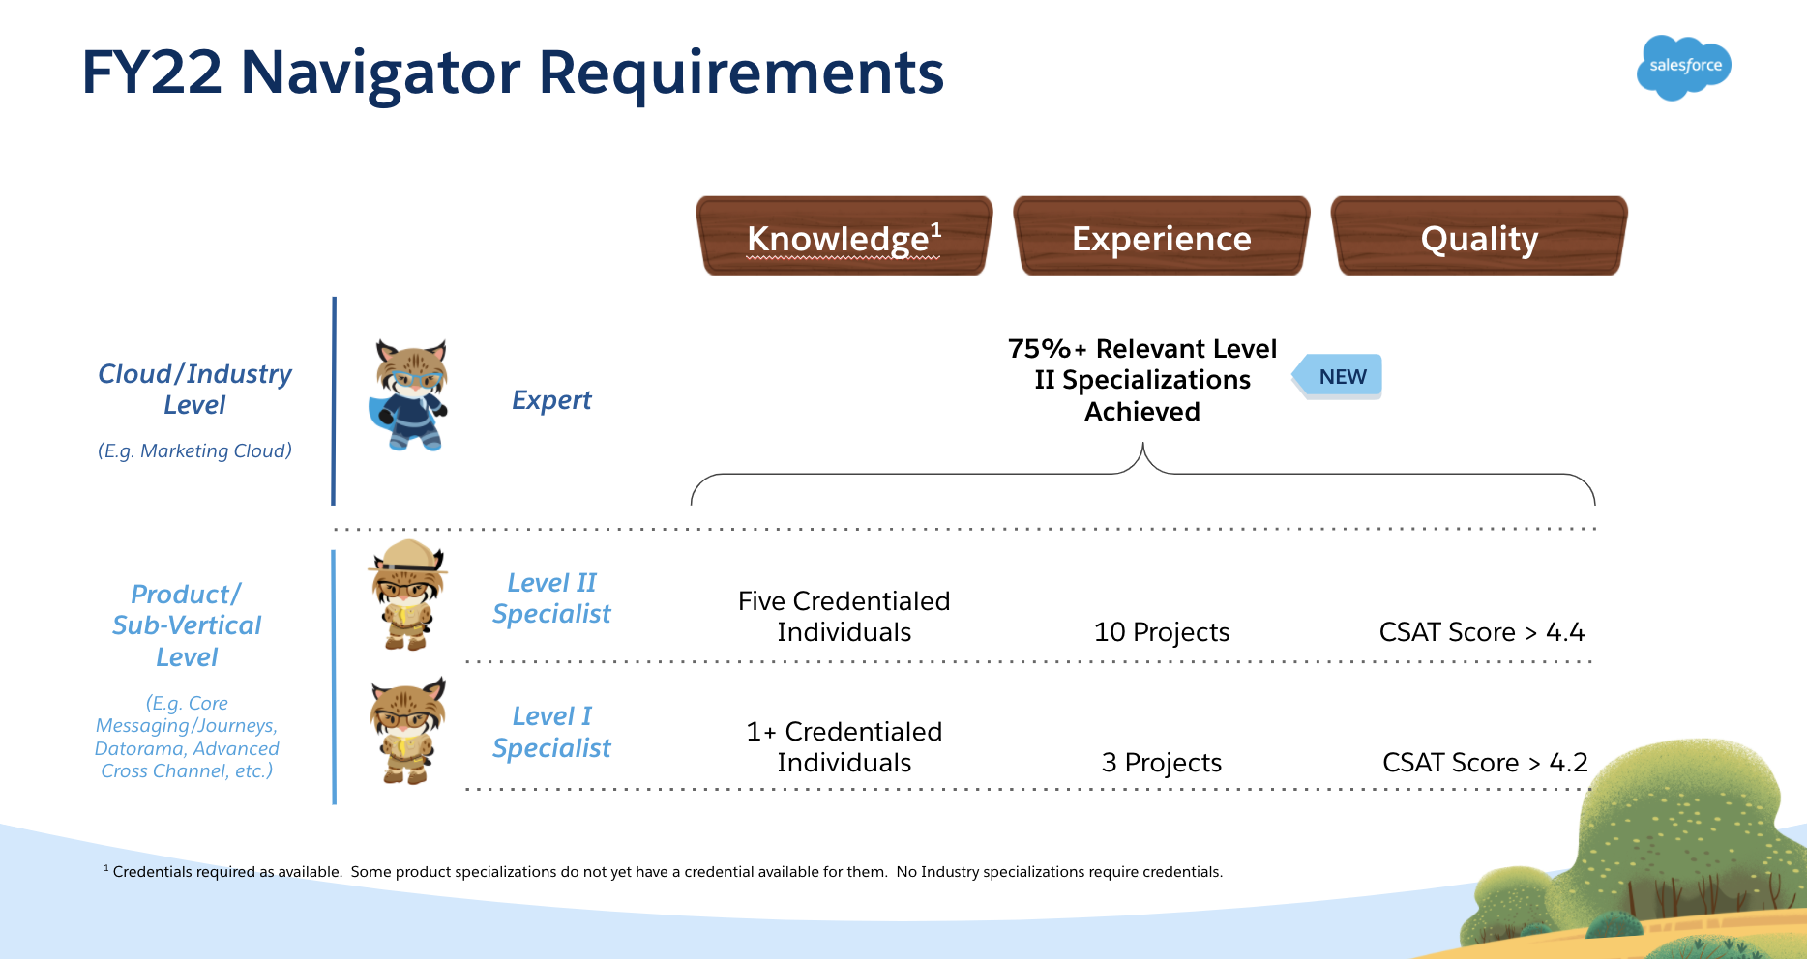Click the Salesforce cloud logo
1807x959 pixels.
point(1684,67)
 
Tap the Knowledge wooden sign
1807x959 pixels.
point(844,237)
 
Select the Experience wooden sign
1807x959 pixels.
point(1161,237)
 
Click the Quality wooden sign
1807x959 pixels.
point(1479,237)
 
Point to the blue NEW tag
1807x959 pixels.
point(1340,377)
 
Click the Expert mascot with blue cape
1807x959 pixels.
point(410,395)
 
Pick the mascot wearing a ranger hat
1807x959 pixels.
point(407,596)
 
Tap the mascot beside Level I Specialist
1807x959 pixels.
point(407,731)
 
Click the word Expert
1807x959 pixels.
point(551,400)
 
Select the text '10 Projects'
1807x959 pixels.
point(1161,632)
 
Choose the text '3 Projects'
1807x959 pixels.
point(1161,763)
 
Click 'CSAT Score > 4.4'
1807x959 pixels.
point(1481,632)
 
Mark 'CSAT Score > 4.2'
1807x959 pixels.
point(1485,763)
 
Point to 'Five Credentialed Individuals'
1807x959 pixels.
point(844,617)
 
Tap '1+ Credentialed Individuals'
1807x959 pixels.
point(844,747)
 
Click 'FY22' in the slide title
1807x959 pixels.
point(152,73)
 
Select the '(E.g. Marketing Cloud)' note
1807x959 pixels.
point(194,450)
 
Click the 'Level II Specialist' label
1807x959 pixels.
point(551,598)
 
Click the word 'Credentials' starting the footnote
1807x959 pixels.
point(153,872)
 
